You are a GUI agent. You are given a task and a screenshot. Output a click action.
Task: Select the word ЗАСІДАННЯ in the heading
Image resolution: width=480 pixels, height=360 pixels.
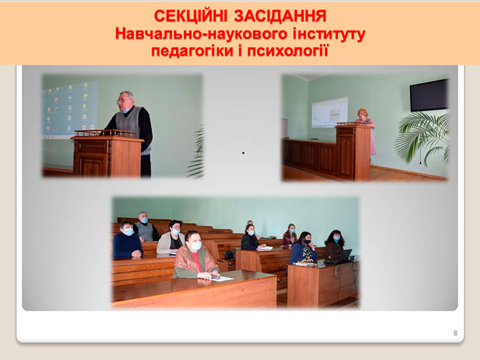280,16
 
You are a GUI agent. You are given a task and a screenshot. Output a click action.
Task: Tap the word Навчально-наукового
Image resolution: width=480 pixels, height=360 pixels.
201,35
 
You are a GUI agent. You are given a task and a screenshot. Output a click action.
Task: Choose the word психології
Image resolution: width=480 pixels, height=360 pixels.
288,51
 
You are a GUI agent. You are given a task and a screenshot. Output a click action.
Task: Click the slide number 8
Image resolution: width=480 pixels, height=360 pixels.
455,333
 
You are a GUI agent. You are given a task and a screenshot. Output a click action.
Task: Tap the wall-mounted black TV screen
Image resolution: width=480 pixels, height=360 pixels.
429,95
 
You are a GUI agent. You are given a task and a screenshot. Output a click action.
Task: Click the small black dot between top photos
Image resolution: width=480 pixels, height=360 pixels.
243,153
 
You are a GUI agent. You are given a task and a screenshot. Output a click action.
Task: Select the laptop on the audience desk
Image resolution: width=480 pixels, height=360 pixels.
340,257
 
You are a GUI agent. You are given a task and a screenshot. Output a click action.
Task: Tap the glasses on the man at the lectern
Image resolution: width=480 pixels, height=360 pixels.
124,100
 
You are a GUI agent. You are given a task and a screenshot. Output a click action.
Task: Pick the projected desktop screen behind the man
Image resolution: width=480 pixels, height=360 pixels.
70,109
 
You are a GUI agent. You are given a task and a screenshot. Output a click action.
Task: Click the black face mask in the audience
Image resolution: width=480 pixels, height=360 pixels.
307,242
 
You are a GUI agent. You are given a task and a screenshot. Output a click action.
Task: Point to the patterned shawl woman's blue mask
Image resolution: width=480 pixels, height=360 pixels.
196,246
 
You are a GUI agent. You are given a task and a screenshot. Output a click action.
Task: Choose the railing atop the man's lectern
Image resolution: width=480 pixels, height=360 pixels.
106,133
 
